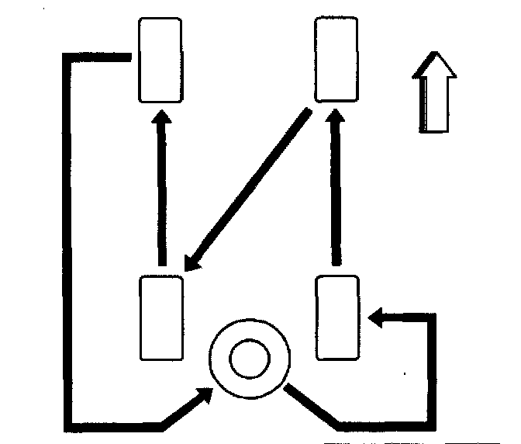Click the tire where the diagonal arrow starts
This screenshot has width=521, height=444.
pos(337,60)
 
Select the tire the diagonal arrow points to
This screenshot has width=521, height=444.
pos(161,317)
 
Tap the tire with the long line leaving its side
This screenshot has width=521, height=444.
pos(160,60)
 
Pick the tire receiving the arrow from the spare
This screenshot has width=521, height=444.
pos(339,317)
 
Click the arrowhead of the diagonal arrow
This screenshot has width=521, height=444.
pos(192,262)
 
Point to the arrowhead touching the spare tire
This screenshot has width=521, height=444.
pos(205,394)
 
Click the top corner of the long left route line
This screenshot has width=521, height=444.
pos(67,58)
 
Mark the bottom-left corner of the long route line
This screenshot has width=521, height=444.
pos(67,426)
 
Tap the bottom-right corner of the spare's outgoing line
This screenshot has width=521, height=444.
pos(432,425)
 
